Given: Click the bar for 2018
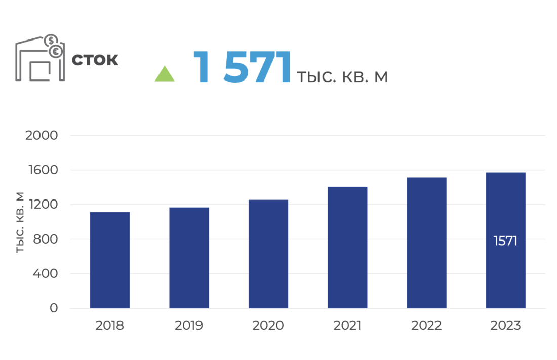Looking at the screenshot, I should click(110, 260).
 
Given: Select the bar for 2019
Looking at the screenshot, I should click(189, 258).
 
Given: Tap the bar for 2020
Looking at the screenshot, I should click(268, 254).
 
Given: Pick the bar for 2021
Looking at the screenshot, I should click(347, 248).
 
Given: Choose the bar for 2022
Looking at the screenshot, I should click(426, 243).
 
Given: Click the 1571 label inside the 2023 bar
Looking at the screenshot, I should click(505, 241).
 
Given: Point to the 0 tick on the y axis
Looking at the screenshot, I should click(54, 308).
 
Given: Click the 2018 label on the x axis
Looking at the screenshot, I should click(110, 326).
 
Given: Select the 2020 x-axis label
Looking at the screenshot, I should click(268, 326).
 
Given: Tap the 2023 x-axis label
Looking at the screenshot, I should click(505, 326).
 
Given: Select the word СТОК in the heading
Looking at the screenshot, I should click(95, 60).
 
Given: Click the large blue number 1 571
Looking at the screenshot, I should click(242, 67).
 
